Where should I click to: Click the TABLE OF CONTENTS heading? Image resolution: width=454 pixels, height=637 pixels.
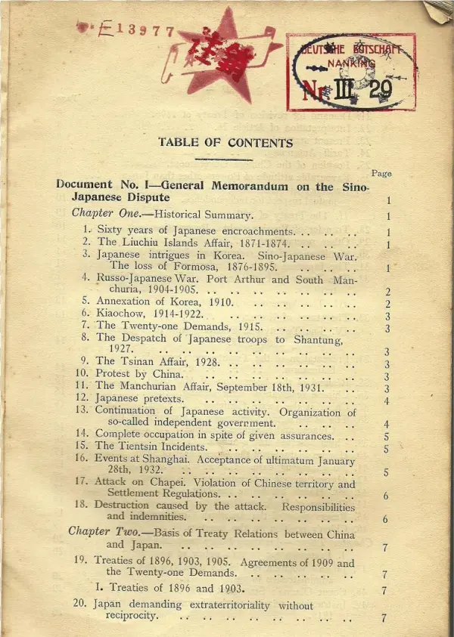pos(225,142)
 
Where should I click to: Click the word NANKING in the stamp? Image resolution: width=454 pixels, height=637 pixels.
pos(350,66)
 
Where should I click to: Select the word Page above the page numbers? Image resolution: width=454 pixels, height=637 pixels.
pos(381,173)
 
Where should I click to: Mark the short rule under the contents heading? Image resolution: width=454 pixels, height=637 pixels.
pos(223,160)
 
